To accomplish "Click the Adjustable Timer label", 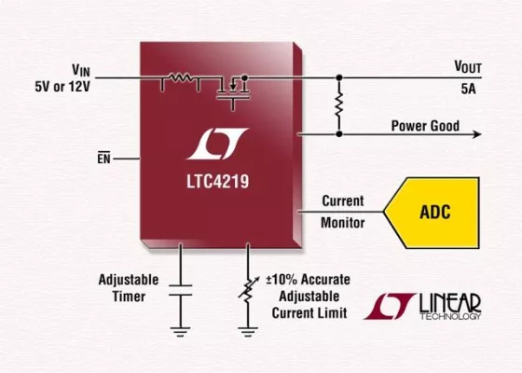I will click(128, 287).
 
